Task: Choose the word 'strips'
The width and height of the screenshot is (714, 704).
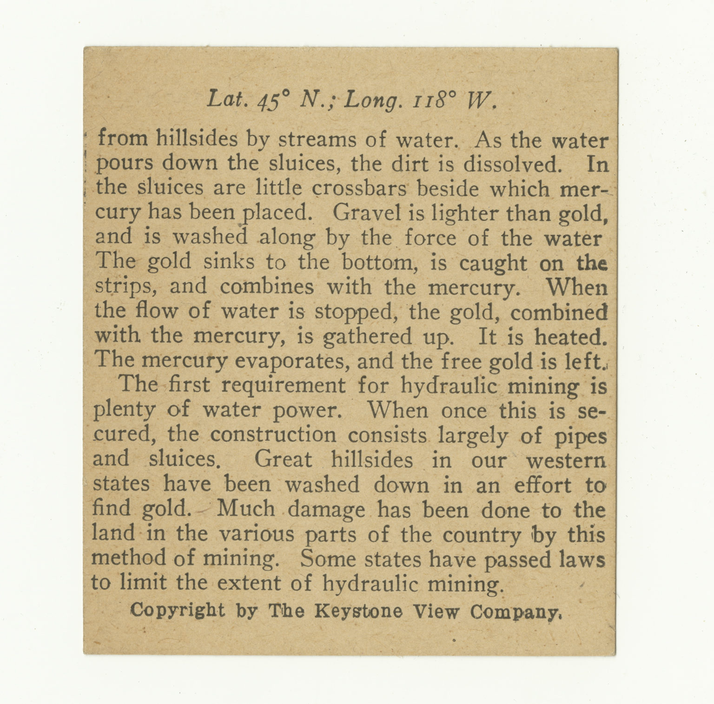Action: [x=126, y=287]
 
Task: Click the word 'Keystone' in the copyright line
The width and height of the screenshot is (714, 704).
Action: [x=358, y=611]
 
